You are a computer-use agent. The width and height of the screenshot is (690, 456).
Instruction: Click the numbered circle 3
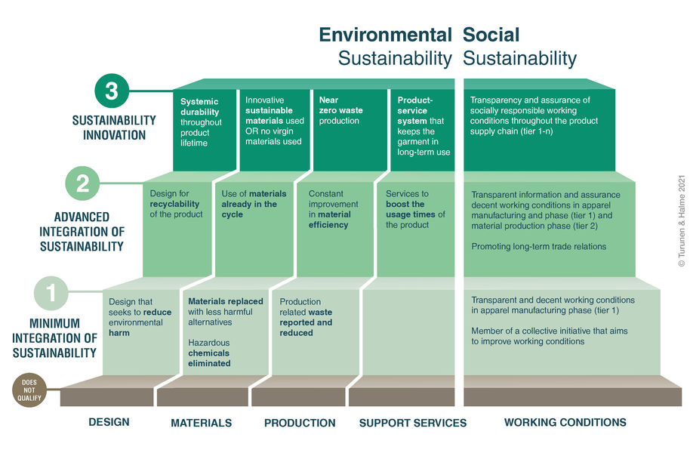112,91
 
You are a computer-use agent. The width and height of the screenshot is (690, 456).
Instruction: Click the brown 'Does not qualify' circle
29,390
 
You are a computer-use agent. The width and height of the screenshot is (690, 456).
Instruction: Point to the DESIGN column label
109,422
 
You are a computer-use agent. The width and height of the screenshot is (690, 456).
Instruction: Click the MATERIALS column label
201,423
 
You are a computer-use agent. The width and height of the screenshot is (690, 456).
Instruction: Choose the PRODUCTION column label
300,423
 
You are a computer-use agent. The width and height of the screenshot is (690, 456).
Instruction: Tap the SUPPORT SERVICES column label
413,423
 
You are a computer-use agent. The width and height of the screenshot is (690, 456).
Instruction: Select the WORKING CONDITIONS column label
565,422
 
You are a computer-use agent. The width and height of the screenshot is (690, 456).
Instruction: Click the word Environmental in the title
385,35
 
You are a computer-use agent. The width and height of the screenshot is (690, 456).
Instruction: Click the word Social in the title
491,35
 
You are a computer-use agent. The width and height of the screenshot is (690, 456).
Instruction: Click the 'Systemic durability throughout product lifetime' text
200,122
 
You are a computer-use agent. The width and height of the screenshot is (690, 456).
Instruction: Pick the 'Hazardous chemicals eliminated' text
209,353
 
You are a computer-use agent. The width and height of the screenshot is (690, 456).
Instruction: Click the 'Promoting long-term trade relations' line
539,246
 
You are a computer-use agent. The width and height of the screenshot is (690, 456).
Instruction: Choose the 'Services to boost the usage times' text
415,209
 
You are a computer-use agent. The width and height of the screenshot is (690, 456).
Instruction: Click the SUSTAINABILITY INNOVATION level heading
114,128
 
